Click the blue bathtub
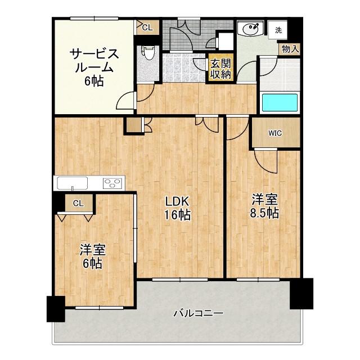[280, 102]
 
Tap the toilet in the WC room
[147, 53]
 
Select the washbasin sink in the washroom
[250, 29]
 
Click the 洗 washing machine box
[278, 30]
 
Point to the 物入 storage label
[290, 49]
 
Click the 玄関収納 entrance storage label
[220, 69]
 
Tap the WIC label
[275, 133]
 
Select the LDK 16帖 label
[177, 208]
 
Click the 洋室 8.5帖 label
[264, 206]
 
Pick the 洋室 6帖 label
[92, 256]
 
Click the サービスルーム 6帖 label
[94, 67]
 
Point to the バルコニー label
[198, 313]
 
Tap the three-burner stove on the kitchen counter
[112, 183]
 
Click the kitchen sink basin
[73, 183]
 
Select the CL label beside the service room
[147, 28]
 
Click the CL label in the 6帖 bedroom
[79, 203]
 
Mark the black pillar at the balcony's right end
[301, 294]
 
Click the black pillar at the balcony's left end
[56, 309]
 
